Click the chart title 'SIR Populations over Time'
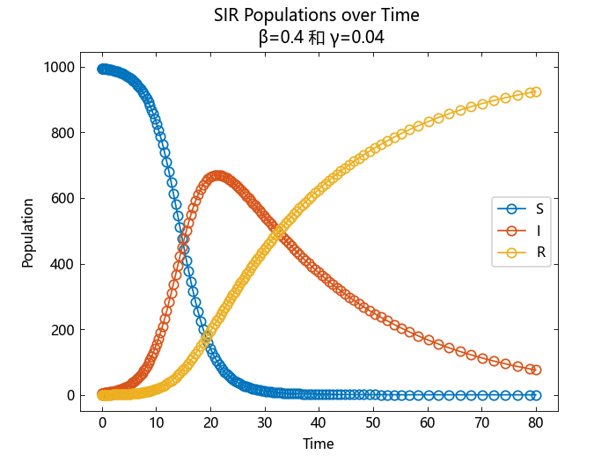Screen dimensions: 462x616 coord(316,15)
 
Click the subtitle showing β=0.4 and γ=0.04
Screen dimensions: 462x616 coord(316,37)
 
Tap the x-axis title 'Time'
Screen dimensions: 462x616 coord(318,444)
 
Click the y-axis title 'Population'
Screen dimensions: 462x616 coord(29,232)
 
